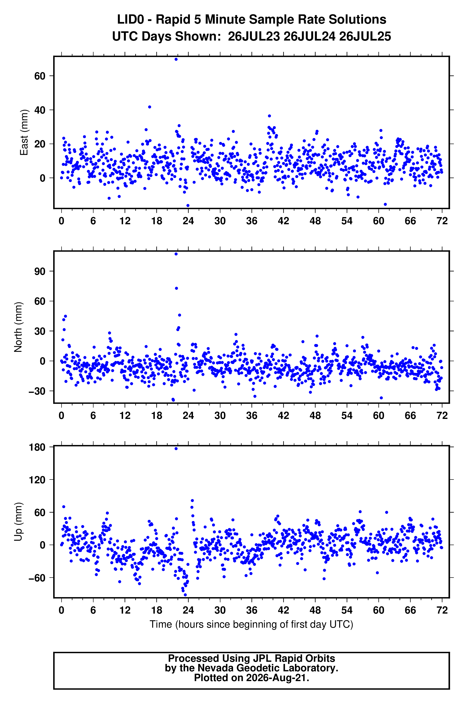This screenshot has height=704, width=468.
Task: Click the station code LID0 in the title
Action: [x=130, y=20]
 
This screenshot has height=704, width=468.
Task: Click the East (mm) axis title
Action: [x=24, y=132]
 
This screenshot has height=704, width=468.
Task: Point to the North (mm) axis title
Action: [x=18, y=327]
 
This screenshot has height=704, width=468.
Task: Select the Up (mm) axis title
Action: [x=18, y=522]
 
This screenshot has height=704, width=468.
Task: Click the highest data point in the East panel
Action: [x=176, y=59]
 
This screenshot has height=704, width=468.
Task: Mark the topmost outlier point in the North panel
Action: [x=176, y=254]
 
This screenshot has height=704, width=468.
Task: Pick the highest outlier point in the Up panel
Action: [x=176, y=448]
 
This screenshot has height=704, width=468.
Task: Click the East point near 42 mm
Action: [x=150, y=107]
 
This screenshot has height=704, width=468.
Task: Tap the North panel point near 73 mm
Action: [x=177, y=288]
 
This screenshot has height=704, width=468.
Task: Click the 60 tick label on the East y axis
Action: [x=40, y=76]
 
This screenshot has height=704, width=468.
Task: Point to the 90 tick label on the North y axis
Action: [x=40, y=271]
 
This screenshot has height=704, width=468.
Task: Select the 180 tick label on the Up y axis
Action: [x=37, y=447]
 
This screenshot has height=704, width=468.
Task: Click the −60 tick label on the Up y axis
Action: [x=37, y=578]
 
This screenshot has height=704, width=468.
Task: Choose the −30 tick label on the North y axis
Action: [x=37, y=391]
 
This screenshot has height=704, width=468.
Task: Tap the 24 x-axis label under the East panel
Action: [x=188, y=221]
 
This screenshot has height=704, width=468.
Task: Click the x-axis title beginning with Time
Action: [x=251, y=624]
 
